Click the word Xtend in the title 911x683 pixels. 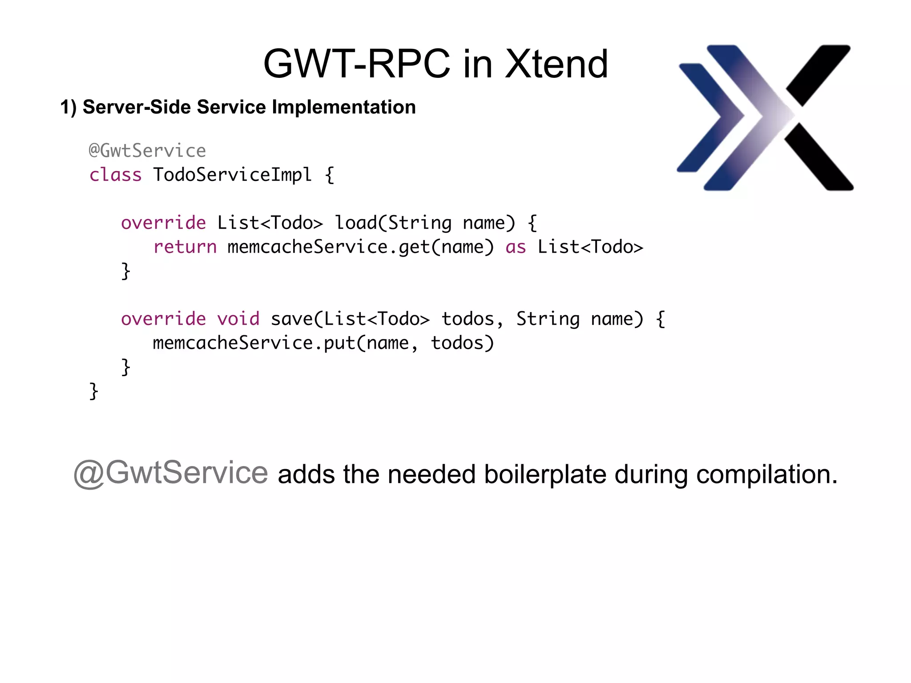(556, 64)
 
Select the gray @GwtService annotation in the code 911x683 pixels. (147, 151)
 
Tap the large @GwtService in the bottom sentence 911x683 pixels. (171, 473)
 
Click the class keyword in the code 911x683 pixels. (115, 175)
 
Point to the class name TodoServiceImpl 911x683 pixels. (232, 175)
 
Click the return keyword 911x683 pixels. (185, 247)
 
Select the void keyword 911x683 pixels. (238, 319)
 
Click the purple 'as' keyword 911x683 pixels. (516, 247)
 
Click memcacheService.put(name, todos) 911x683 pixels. (323, 343)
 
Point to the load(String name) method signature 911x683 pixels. (425, 223)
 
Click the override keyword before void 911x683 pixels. (163, 319)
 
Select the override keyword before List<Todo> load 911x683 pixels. (163, 223)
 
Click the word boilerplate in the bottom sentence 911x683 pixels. (545, 474)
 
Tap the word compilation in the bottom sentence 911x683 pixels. (766, 474)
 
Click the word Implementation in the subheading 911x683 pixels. (343, 107)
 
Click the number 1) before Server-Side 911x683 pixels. (69, 108)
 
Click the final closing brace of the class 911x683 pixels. (93, 391)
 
